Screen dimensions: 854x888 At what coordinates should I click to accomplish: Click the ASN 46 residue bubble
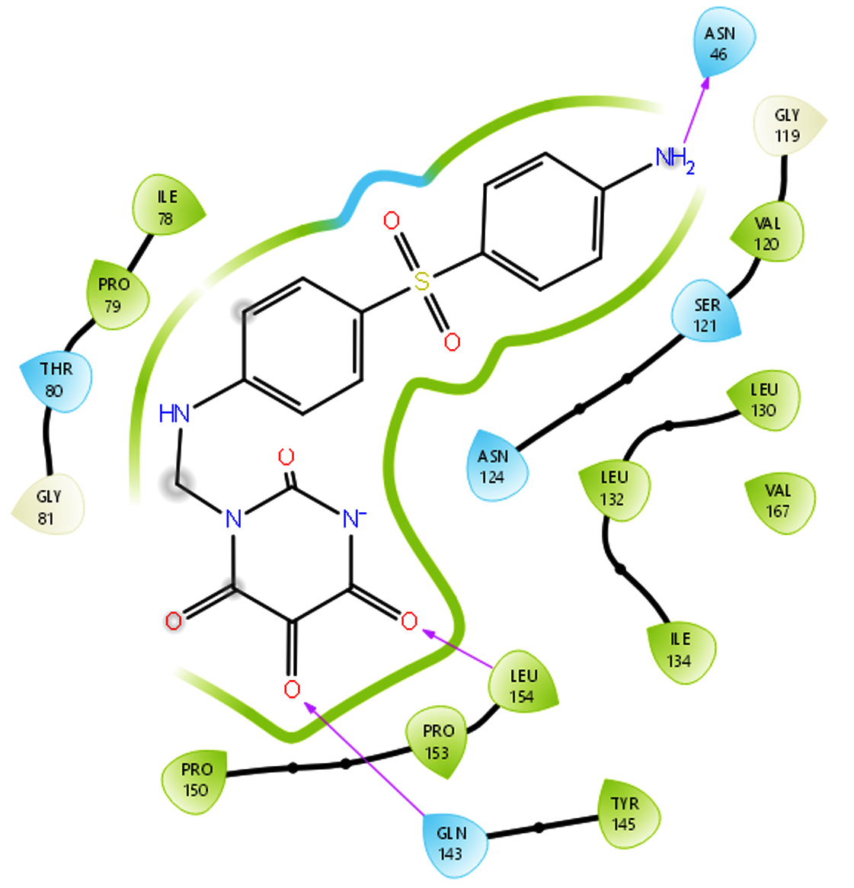(x=723, y=43)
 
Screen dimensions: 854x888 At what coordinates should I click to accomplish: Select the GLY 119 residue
(x=788, y=125)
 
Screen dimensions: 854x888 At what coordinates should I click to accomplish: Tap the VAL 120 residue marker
(x=768, y=232)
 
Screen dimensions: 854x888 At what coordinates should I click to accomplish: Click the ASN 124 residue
(x=496, y=466)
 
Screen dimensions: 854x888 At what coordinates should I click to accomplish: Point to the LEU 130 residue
(x=764, y=400)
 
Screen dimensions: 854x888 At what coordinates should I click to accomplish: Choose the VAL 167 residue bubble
(x=779, y=502)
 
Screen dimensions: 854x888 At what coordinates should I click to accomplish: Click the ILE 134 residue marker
(x=681, y=652)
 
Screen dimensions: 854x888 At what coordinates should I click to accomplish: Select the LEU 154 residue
(x=523, y=682)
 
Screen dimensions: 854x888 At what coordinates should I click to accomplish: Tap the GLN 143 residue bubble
(x=453, y=844)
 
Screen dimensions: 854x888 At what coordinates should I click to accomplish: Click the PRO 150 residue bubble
(x=196, y=781)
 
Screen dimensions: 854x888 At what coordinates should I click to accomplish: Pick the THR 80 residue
(x=56, y=380)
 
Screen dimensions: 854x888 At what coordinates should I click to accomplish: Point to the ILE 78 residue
(x=168, y=206)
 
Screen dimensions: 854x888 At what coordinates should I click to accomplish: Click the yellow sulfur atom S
(x=421, y=281)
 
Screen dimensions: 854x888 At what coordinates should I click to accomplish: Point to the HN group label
(x=174, y=413)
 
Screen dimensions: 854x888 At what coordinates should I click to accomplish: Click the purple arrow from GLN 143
(x=364, y=759)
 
